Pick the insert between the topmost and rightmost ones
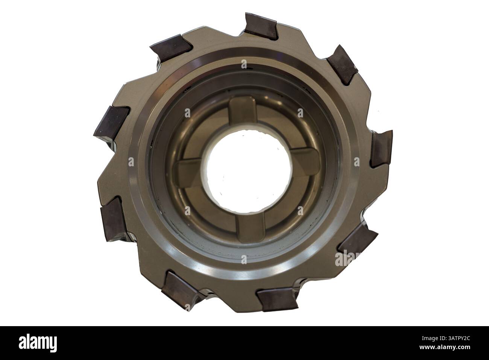coord(342,63)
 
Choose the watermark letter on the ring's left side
coord(131,162)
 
